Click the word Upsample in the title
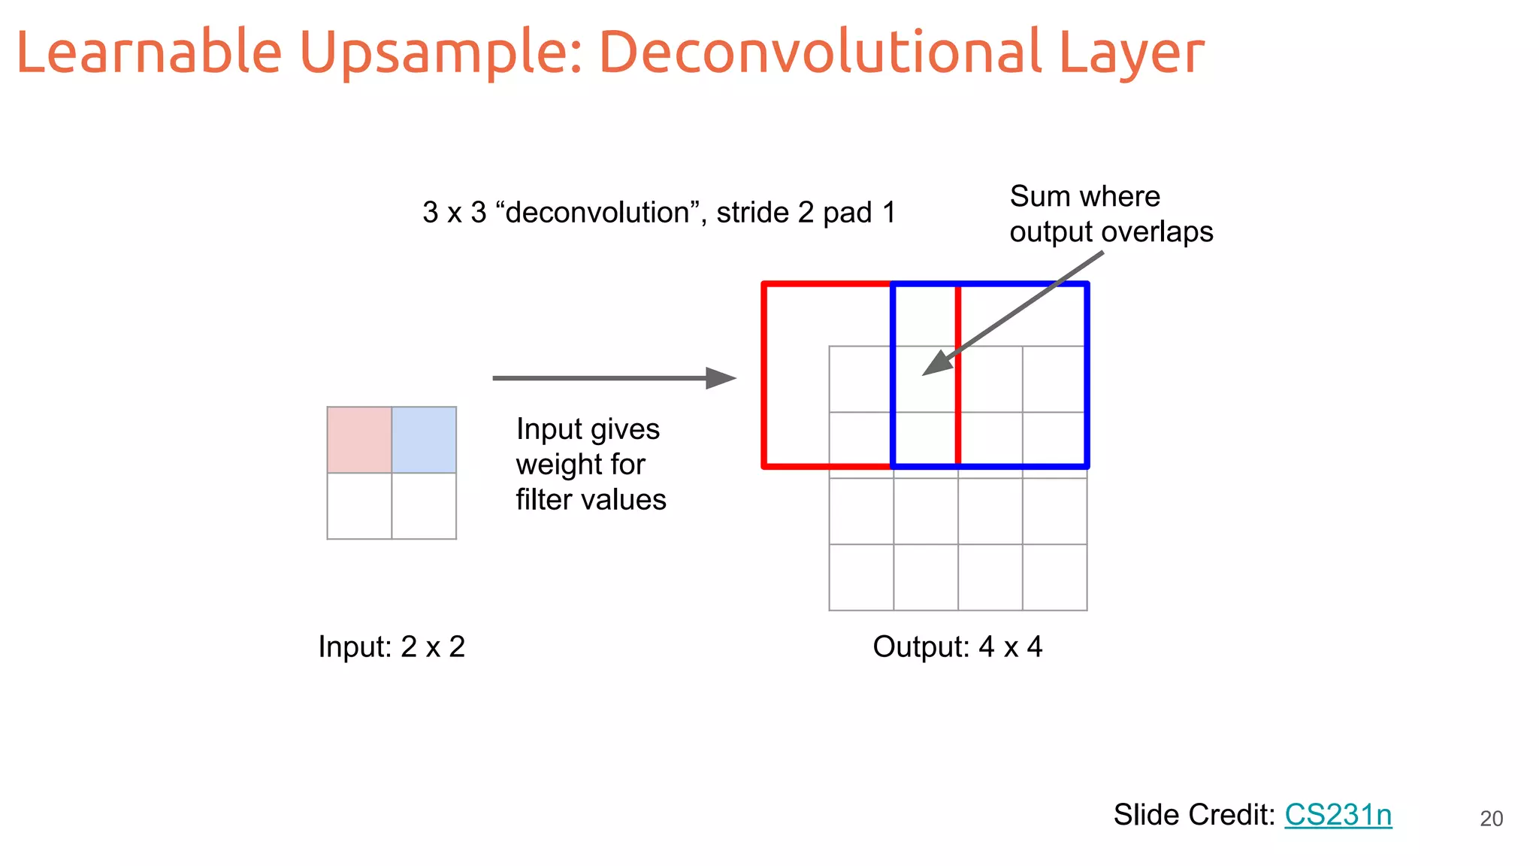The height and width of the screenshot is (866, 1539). [440, 53]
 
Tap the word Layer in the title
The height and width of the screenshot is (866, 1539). [1131, 53]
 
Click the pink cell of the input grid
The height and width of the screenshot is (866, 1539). [359, 440]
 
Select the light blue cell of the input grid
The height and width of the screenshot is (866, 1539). [424, 440]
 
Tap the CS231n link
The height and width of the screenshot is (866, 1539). [1338, 815]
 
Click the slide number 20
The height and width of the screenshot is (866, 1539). [1491, 819]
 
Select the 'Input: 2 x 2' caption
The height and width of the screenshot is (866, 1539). [392, 646]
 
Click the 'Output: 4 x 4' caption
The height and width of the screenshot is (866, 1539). [957, 646]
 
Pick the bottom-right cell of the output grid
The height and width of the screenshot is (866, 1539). [1054, 577]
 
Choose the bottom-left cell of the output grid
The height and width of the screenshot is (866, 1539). [861, 577]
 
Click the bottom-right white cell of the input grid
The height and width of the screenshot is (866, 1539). [424, 506]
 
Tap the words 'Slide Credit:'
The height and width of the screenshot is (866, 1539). [1194, 815]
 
